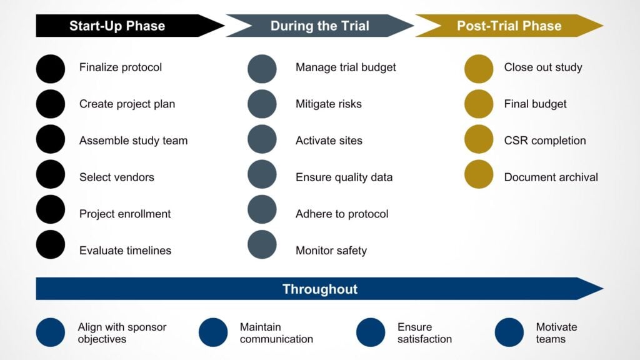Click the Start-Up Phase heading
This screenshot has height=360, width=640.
[x=117, y=26]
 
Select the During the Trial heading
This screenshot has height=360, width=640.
[x=319, y=26]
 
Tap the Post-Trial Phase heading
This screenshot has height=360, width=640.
[x=509, y=26]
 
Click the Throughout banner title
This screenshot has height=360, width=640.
[x=319, y=289]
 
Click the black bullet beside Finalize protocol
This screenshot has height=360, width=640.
[x=51, y=69]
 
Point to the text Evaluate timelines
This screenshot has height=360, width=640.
[x=125, y=251]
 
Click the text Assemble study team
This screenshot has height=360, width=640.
[x=133, y=141]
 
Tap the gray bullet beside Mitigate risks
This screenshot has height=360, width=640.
[x=262, y=104]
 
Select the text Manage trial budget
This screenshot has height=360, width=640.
[x=346, y=67]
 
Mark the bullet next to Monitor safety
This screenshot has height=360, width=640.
[x=262, y=244]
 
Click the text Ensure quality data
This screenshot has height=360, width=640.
[x=344, y=177]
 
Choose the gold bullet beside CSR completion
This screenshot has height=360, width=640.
[x=479, y=139]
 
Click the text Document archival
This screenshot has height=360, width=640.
[x=551, y=177]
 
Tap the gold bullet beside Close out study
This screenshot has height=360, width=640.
[x=479, y=69]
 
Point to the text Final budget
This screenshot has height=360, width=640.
[x=535, y=104]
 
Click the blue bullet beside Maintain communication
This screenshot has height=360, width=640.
[x=213, y=332]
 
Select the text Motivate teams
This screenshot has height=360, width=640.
[x=556, y=333]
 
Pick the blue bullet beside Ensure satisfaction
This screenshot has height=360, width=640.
[x=371, y=332]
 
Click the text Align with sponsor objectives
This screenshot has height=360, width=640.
[x=122, y=333]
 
